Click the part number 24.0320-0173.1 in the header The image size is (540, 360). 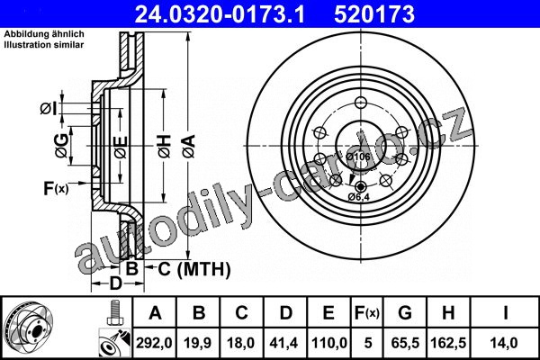click(x=220, y=14)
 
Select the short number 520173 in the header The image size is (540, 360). click(x=374, y=14)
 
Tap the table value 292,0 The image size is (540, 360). click(x=154, y=343)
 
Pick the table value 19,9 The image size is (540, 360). click(x=197, y=343)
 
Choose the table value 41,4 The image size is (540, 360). click(x=284, y=343)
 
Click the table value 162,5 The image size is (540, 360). click(x=448, y=343)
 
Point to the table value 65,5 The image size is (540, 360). click(x=405, y=343)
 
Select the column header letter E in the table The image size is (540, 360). click(x=328, y=313)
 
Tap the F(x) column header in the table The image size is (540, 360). click(x=367, y=313)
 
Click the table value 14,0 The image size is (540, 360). click(x=505, y=343)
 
